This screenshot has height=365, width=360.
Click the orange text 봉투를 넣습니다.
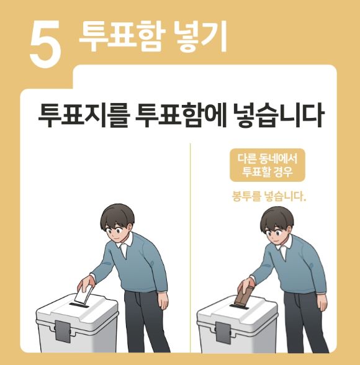(268, 198)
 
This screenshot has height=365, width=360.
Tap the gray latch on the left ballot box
(63, 331)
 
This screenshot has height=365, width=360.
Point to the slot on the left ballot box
(80, 305)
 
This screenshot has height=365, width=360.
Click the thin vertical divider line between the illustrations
(190, 248)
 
